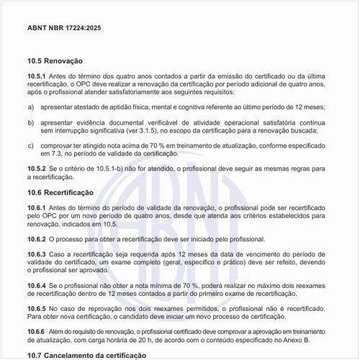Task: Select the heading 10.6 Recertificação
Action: coord(61,193)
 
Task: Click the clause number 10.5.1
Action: coord(37,76)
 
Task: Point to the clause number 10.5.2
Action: coord(37,168)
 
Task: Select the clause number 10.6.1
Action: coord(37,207)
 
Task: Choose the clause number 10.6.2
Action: coord(37,238)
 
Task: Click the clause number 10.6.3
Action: coord(37,255)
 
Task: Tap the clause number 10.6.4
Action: coord(37,285)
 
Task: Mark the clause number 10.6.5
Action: coord(37,307)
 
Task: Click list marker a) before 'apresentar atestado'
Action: coord(31,107)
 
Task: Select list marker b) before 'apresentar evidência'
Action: coord(31,122)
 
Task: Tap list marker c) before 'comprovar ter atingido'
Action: coord(31,145)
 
